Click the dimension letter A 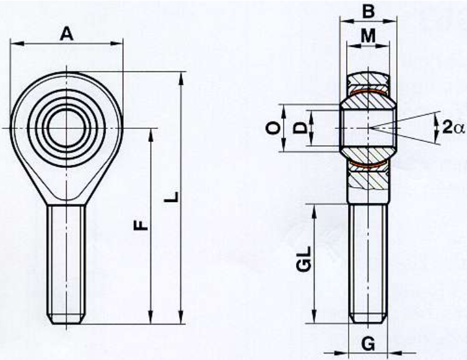click(x=66, y=33)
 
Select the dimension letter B click(x=369, y=12)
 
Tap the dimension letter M click(x=368, y=36)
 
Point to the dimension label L click(x=172, y=196)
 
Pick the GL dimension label click(x=304, y=258)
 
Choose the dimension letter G click(x=369, y=345)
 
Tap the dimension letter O click(x=273, y=128)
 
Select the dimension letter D click(x=300, y=128)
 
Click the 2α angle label click(x=453, y=128)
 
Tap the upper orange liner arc click(x=368, y=92)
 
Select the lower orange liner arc click(x=368, y=164)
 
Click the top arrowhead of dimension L click(x=181, y=79)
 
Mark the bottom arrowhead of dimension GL click(x=313, y=316)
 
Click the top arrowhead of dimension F click(x=151, y=136)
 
